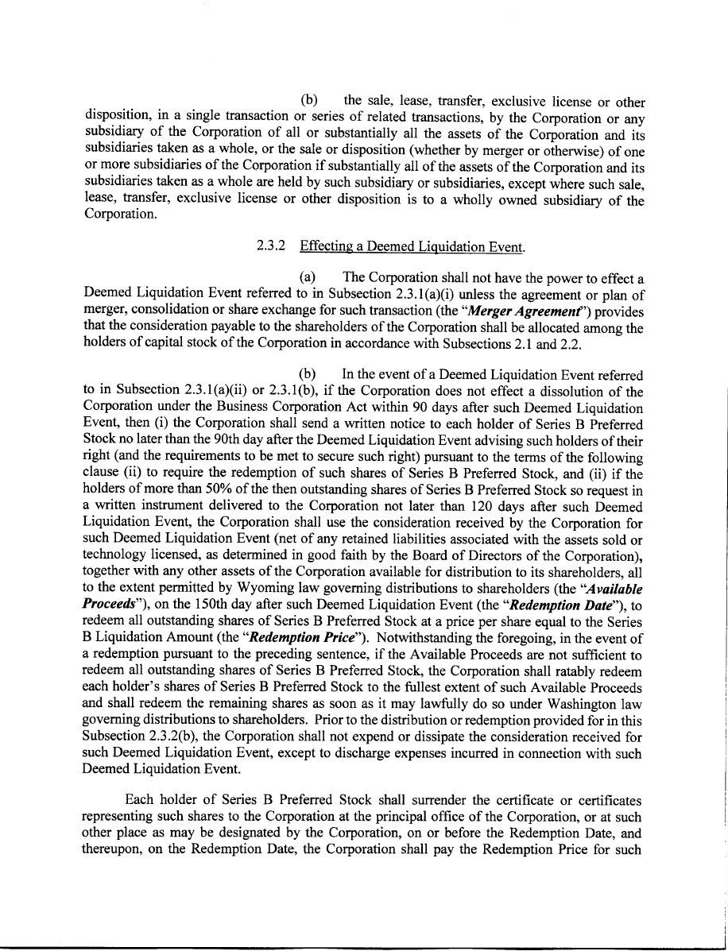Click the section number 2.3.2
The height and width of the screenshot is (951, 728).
pos(270,246)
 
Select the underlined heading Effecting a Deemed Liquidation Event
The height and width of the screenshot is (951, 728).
pos(412,246)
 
